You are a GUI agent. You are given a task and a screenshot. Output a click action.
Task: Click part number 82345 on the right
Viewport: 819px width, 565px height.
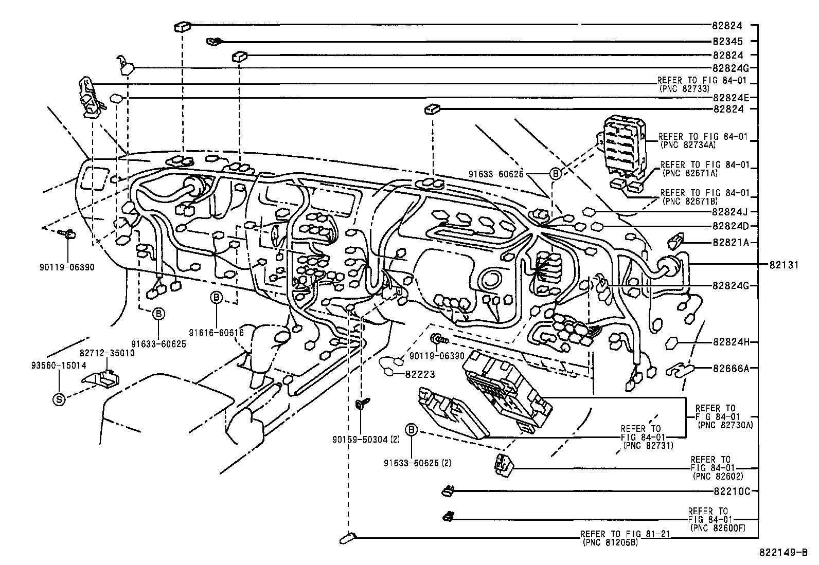727,41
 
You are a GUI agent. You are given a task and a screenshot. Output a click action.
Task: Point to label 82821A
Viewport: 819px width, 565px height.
731,242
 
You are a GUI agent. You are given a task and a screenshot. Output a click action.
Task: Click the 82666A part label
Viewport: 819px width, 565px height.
731,368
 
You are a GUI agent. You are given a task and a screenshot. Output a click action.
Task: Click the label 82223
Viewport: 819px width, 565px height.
420,374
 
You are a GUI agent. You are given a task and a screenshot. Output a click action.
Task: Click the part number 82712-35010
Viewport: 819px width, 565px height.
107,354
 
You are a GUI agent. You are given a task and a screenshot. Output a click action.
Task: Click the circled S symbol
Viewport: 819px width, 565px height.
59,399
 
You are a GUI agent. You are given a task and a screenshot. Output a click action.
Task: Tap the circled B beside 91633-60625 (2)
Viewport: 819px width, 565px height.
412,430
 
